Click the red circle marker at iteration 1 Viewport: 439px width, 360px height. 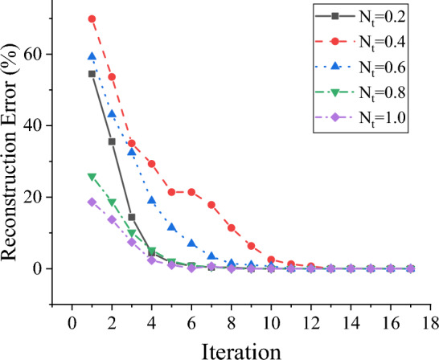pyautogui.click(x=92, y=18)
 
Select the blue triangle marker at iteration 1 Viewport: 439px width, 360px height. pyautogui.click(x=92, y=57)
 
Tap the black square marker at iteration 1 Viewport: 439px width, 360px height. pyautogui.click(x=92, y=74)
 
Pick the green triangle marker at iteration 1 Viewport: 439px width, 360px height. pyautogui.click(x=92, y=177)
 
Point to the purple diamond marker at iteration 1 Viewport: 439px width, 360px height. pyautogui.click(x=92, y=202)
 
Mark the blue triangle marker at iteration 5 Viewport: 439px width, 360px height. pyautogui.click(x=171, y=228)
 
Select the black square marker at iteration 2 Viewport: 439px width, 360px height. pyautogui.click(x=112, y=141)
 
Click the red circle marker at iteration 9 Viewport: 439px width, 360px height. pyautogui.click(x=251, y=246)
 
